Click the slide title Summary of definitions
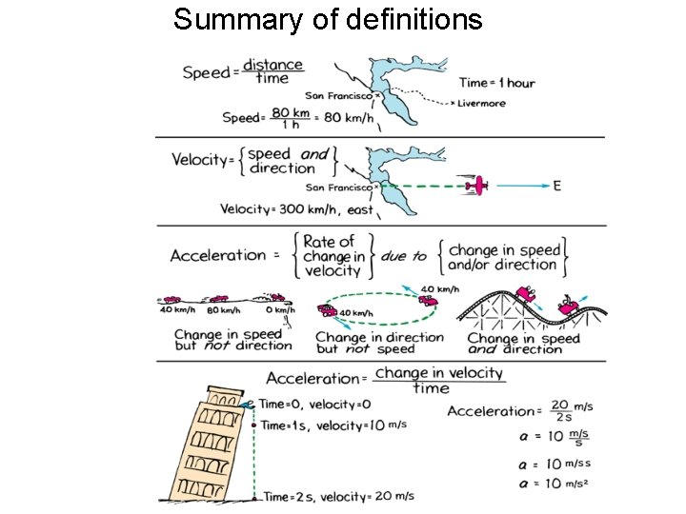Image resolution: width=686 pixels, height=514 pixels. coord(328,19)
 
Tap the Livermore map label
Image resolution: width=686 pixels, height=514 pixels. coord(481,104)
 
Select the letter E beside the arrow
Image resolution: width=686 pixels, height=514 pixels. coord(556,186)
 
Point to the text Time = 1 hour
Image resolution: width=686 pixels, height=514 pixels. coord(496,83)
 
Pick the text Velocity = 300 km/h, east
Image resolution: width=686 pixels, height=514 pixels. coord(296,209)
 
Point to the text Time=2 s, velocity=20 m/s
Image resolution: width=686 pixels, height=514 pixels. coord(338,496)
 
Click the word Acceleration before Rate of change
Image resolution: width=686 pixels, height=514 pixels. coord(218,255)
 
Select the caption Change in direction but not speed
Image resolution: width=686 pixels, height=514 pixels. coord(379,343)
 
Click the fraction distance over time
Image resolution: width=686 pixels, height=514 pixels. coord(272,71)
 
